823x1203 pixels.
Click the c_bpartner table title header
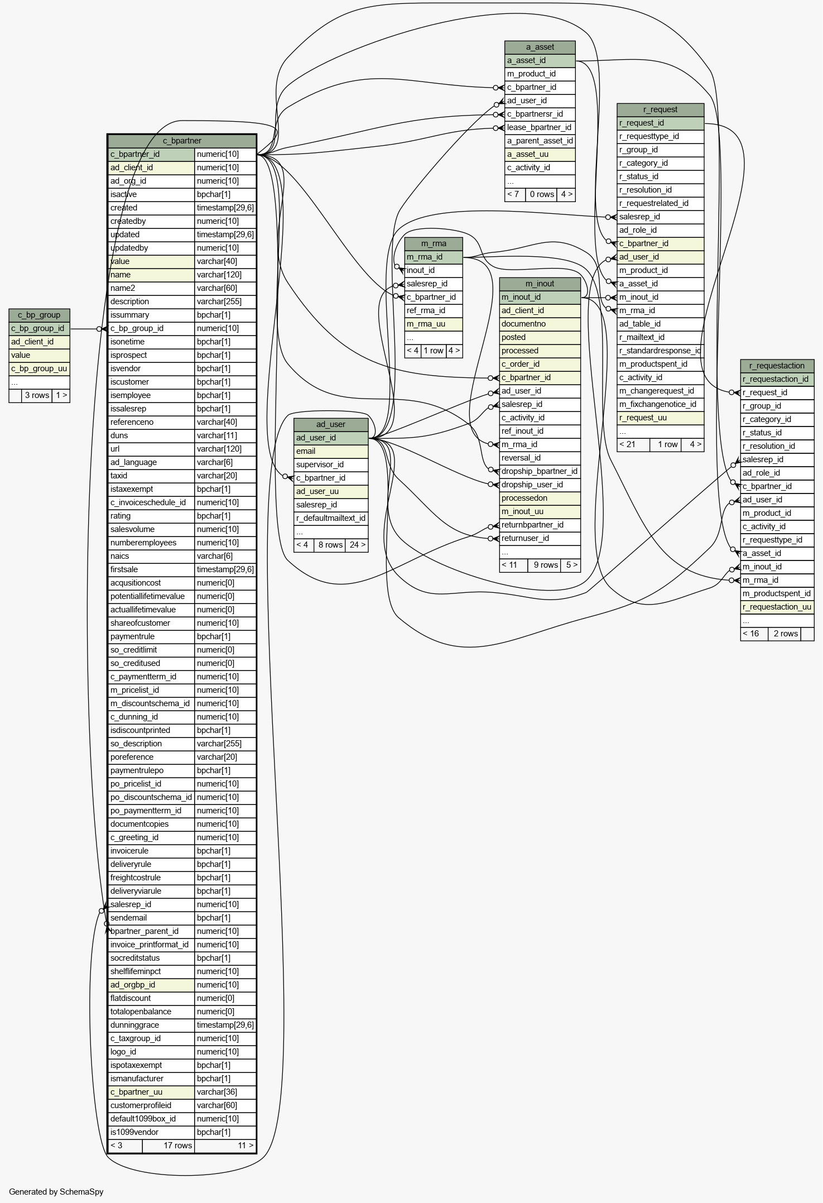point(182,141)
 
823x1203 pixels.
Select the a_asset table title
point(540,47)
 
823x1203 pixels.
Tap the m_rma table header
point(433,243)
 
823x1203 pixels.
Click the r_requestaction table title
point(777,366)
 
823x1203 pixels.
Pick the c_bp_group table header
point(39,315)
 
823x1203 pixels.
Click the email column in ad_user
point(330,451)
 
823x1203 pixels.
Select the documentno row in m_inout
point(540,324)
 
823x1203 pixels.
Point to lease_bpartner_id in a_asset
point(539,127)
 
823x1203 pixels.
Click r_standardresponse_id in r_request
point(660,351)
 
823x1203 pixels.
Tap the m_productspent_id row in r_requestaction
point(776,593)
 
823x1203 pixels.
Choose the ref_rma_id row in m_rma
point(433,310)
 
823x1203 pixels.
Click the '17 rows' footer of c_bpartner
point(177,1146)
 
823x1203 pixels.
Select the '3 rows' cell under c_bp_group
point(37,395)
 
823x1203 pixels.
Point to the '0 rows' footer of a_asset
point(541,194)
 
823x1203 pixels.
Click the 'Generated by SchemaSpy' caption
point(56,1192)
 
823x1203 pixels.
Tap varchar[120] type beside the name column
point(225,275)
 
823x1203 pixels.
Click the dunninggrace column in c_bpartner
point(151,1025)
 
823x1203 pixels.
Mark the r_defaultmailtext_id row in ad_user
point(330,518)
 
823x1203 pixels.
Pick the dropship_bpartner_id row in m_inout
point(539,471)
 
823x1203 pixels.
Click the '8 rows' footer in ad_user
point(330,545)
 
